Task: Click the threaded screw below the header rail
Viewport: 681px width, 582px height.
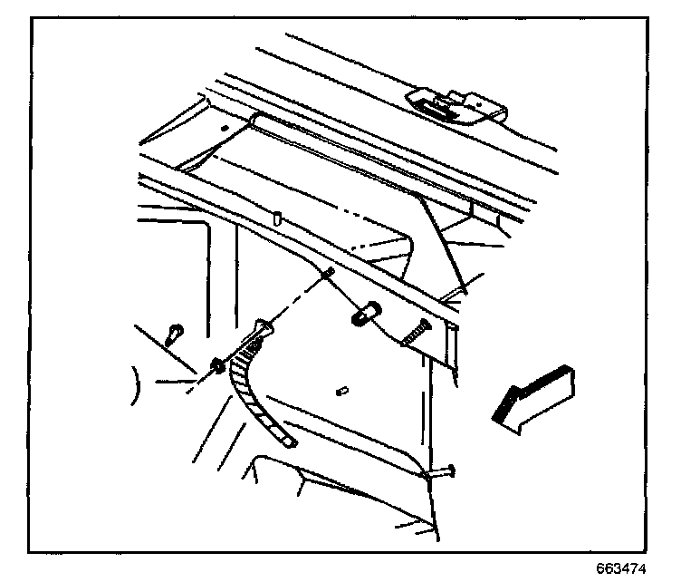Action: (x=416, y=334)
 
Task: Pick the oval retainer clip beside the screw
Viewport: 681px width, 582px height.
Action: (x=364, y=315)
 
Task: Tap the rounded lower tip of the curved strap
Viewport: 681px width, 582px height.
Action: (x=288, y=442)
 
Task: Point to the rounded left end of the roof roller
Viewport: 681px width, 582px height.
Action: (x=259, y=122)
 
